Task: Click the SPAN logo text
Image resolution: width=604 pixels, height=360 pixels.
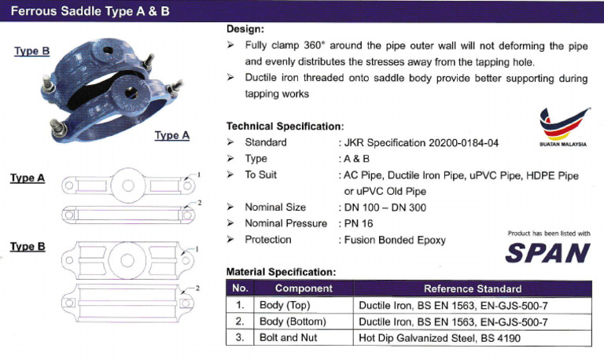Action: point(548,252)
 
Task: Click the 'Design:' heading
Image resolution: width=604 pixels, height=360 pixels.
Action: point(245,29)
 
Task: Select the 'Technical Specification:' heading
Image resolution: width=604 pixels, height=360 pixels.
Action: point(285,126)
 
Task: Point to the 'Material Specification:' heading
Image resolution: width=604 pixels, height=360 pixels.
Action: point(281,272)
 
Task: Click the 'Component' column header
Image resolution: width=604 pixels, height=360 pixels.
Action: point(304,288)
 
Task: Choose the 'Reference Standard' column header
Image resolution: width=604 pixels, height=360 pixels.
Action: point(472,288)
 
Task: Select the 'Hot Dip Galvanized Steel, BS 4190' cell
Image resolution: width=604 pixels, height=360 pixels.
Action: point(439,338)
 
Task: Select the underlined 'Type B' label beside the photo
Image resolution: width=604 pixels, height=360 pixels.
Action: point(31,51)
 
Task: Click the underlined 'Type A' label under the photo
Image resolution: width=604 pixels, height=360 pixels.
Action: point(171,135)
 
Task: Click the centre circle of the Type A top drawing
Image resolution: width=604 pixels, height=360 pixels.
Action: point(124,186)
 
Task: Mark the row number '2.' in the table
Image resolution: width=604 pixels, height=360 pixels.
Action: point(240,321)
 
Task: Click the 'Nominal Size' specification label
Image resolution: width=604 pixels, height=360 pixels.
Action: point(275,208)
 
